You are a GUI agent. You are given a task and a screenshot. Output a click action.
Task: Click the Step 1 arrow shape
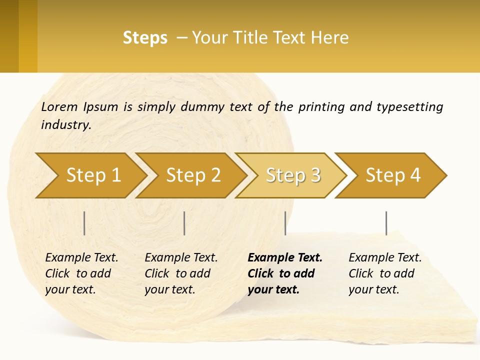(x=92, y=175)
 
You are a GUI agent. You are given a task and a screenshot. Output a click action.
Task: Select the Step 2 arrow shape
(x=192, y=175)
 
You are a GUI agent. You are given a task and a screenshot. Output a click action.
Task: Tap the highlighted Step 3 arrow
(x=292, y=175)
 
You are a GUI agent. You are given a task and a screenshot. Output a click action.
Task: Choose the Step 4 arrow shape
(x=392, y=175)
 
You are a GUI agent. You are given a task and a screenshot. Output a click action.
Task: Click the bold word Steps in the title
(x=145, y=38)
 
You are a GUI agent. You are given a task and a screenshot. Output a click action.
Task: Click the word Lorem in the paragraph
(x=59, y=106)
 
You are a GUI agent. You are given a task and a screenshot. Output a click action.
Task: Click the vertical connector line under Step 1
(x=84, y=223)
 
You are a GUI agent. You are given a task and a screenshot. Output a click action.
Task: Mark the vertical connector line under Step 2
(x=184, y=223)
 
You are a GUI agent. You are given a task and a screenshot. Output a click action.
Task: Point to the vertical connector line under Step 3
(x=285, y=223)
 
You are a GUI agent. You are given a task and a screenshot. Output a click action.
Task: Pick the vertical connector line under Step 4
(x=386, y=223)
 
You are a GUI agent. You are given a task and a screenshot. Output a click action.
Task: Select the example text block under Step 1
(x=81, y=273)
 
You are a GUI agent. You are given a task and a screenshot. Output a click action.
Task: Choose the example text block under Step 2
(x=181, y=273)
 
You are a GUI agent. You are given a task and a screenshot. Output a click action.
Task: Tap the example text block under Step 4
(x=385, y=273)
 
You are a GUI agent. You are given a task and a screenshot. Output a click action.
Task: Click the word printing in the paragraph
(x=320, y=106)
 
